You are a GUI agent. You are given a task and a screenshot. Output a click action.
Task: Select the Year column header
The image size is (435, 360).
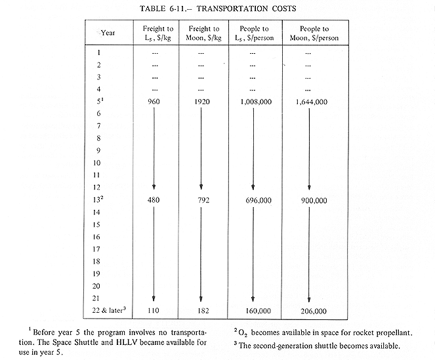[110, 33]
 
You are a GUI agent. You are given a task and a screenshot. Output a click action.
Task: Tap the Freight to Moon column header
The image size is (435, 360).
[204, 33]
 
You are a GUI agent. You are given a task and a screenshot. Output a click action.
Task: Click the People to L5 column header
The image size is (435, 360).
[256, 33]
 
